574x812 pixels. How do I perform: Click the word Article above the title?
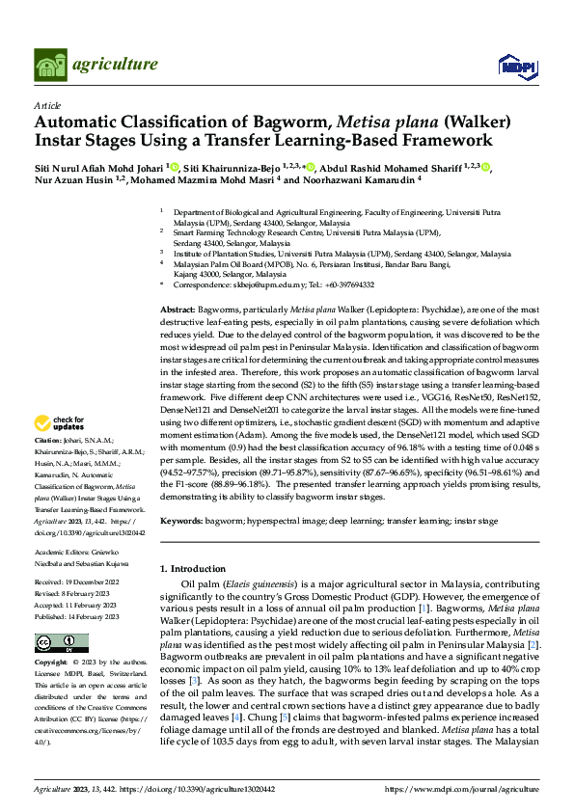click(46, 105)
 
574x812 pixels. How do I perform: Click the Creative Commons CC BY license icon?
click(54, 643)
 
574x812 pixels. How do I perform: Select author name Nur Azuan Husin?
click(75, 179)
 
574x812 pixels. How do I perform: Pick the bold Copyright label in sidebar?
click(52, 663)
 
